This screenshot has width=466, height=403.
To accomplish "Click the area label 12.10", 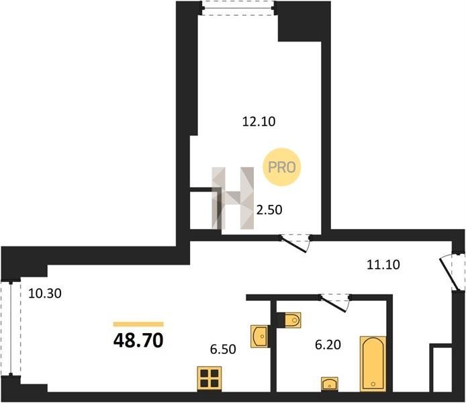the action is [x=259, y=122].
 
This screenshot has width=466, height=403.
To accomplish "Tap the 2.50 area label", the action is [x=269, y=210].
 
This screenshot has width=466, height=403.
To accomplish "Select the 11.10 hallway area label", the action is [x=383, y=265].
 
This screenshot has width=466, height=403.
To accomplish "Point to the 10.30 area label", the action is [x=45, y=294].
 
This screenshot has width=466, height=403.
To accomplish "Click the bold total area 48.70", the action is [x=138, y=341].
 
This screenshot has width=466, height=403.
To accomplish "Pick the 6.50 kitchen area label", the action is [x=223, y=349].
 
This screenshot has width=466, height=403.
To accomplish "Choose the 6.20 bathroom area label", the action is [x=328, y=345].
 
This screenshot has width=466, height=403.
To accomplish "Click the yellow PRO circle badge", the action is [x=282, y=167].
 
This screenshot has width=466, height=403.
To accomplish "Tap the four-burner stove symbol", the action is [x=209, y=378].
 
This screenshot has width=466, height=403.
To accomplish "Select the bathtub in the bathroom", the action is [x=373, y=364].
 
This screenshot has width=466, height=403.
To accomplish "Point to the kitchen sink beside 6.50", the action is [x=260, y=337].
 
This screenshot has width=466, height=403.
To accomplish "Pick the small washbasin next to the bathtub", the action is [x=330, y=384].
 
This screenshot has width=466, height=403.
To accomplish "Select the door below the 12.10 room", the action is [x=295, y=243].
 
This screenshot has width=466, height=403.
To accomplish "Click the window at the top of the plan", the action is [x=238, y=8].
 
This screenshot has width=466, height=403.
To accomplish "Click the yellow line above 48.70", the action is [x=138, y=324].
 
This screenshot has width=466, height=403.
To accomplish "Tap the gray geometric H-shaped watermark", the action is [x=233, y=198].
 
